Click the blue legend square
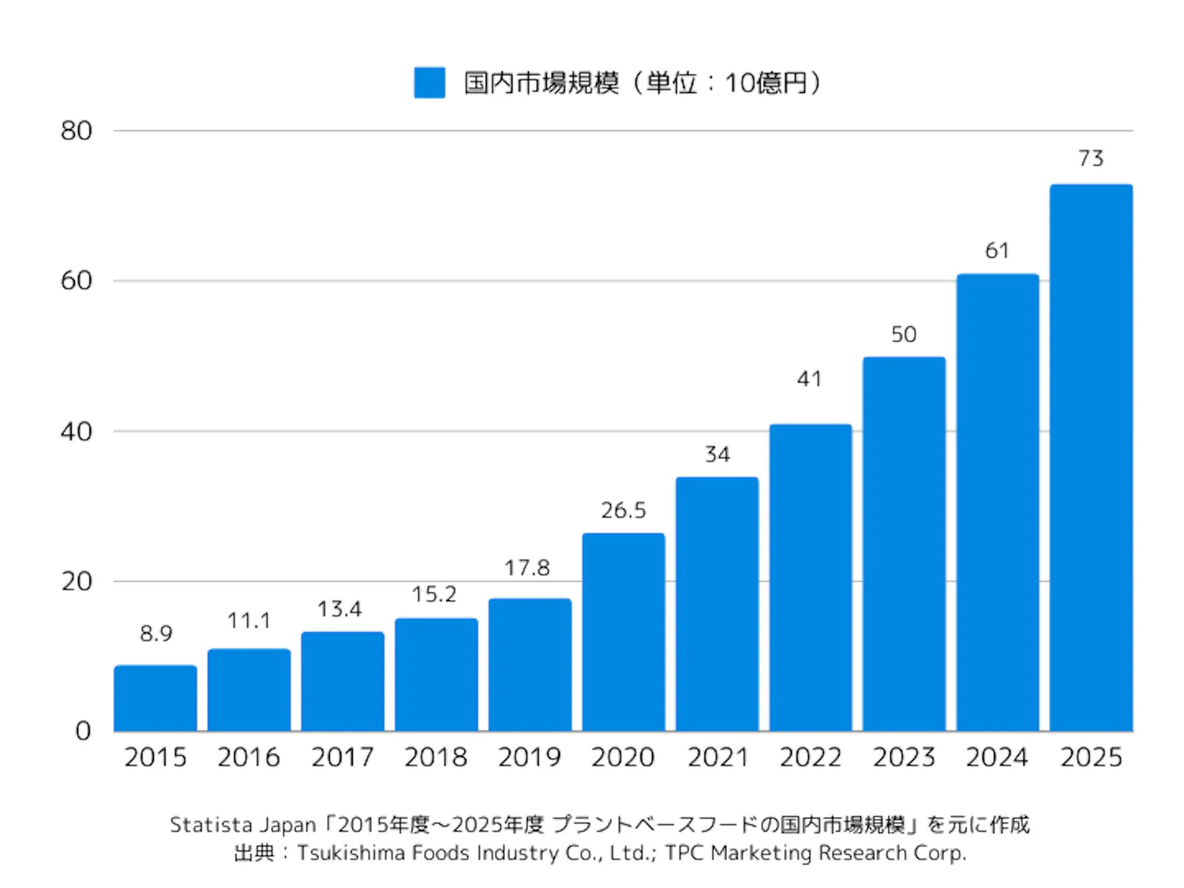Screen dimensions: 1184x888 429,82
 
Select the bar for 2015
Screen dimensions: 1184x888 155,698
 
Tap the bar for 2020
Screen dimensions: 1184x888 623,632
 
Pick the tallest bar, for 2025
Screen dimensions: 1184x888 1091,458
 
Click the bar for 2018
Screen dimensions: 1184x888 437,675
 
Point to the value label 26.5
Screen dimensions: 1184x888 623,511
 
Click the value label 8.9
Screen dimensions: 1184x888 156,634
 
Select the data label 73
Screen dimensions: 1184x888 1091,159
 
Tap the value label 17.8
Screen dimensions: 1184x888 527,568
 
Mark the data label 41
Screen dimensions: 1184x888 810,379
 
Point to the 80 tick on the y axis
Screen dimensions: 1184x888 76,131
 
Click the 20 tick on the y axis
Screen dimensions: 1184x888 76,582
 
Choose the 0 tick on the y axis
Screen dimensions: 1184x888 83,731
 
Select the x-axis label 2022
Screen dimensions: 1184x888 811,757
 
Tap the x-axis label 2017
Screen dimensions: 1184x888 343,757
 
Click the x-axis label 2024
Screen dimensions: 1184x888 997,757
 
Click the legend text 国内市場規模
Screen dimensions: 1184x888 542,83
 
